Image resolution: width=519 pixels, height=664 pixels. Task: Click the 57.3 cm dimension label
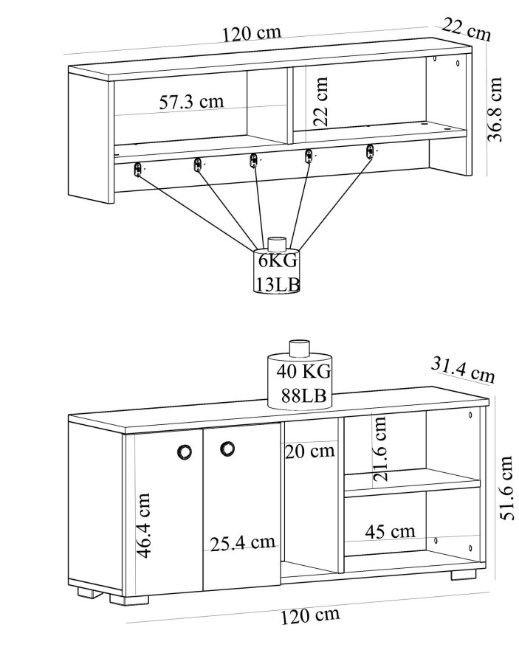tap(191, 101)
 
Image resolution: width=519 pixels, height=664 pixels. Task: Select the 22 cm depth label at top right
tap(467, 30)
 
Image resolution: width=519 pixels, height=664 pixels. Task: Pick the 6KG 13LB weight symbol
tap(278, 268)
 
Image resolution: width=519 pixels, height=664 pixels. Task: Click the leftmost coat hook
tap(137, 170)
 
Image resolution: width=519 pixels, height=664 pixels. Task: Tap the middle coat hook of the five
tap(254, 160)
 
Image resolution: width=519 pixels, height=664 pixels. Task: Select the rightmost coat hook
tap(370, 152)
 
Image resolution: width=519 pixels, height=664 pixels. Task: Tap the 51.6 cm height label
tap(505, 488)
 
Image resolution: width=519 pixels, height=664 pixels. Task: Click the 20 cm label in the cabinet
tap(309, 449)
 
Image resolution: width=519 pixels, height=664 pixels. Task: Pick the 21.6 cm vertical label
tap(380, 449)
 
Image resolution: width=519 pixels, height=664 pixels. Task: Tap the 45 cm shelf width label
tap(391, 530)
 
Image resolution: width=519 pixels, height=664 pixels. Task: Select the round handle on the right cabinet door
tap(227, 448)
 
